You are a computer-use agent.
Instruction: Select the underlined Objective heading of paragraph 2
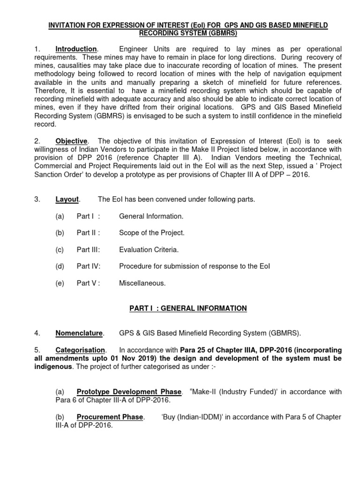click(x=71, y=141)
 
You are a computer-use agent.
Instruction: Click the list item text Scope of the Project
click(x=152, y=233)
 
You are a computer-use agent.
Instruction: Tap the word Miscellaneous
click(x=142, y=283)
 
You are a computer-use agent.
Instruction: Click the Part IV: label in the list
click(x=89, y=266)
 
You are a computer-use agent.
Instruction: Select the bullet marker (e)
click(x=60, y=283)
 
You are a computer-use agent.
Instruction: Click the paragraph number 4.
click(x=36, y=333)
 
